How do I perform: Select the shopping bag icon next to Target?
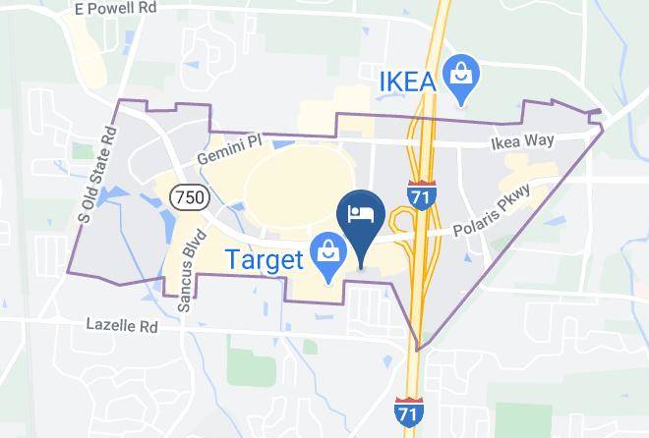(326, 253)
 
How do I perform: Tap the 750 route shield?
(188, 197)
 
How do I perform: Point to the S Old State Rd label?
(98, 178)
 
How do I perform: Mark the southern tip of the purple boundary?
(418, 349)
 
